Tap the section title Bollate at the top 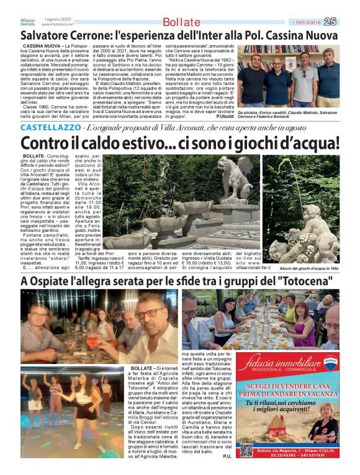pos(181,22)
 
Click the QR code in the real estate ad pos(246,449)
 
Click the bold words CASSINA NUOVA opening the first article pos(42,47)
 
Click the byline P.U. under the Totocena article pos(227,456)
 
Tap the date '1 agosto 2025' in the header pos(54,19)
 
